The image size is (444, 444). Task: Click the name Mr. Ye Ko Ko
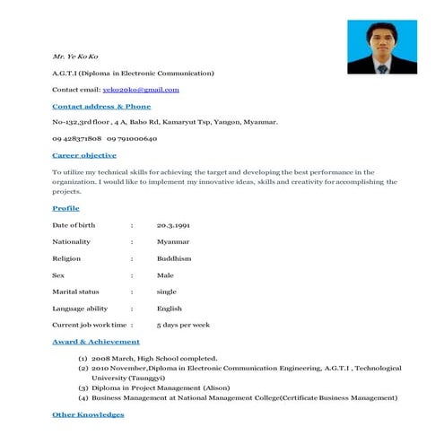click(x=75, y=57)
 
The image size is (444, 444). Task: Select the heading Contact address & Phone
click(x=101, y=106)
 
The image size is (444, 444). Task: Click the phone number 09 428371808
click(x=77, y=139)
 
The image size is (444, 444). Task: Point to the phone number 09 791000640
click(x=132, y=139)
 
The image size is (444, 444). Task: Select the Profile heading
click(x=66, y=208)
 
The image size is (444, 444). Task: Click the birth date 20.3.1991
click(x=174, y=225)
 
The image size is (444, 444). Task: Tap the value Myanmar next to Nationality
click(x=173, y=241)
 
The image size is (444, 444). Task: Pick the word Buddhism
click(x=174, y=258)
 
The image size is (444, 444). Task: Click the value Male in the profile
click(x=165, y=275)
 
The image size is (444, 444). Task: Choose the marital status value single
click(x=167, y=292)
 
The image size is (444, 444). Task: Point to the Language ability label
click(x=80, y=309)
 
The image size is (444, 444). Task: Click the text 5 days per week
click(x=183, y=325)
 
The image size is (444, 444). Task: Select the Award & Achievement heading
click(x=96, y=342)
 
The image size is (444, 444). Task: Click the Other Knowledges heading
click(x=88, y=414)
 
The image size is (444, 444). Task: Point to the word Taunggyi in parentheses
click(x=129, y=378)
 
